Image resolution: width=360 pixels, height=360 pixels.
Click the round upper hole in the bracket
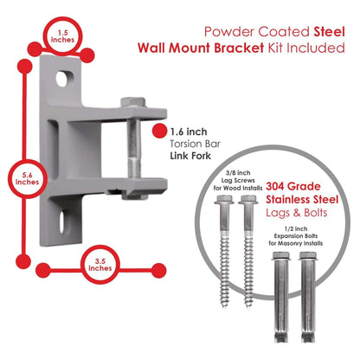62,79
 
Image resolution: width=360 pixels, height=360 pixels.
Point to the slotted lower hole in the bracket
62,222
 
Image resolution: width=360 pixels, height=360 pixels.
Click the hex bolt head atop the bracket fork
132,102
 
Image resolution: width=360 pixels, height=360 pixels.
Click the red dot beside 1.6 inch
159,131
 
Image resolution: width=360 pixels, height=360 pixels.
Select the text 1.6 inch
189,132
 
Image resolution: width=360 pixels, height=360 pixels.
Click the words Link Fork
190,156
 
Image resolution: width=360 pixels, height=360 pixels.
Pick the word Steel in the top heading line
329,31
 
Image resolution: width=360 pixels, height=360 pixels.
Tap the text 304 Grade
293,186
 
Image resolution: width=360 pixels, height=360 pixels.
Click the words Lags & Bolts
297,213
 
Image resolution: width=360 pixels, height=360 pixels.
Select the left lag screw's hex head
224,199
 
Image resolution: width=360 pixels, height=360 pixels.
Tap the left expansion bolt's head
281,256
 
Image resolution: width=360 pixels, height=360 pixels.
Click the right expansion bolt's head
308,256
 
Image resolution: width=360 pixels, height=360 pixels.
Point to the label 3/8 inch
238,173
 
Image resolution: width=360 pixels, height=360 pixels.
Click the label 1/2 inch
296,228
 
